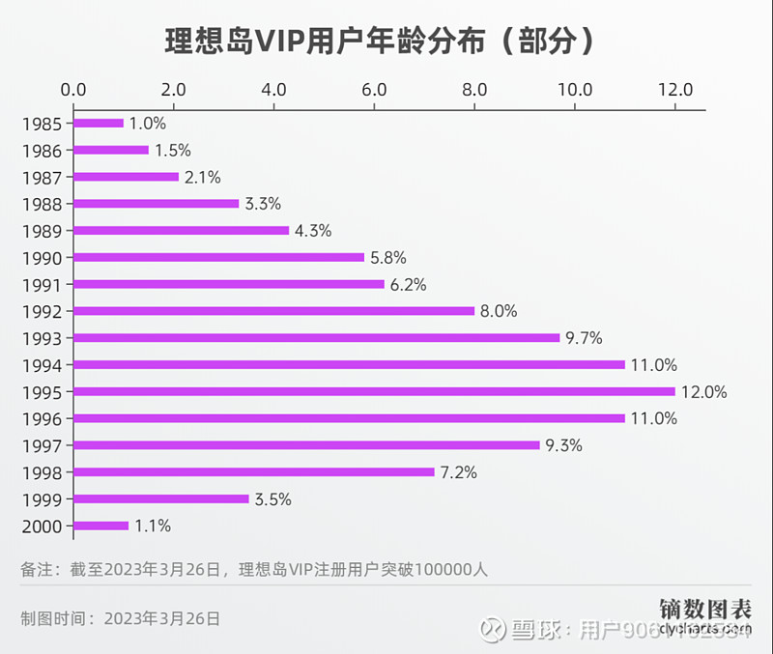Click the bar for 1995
click(x=374, y=392)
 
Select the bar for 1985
click(x=99, y=124)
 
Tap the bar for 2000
click(x=101, y=526)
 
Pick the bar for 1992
click(x=273, y=311)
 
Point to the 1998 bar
click(x=254, y=472)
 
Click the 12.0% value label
click(x=704, y=392)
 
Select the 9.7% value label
click(x=585, y=338)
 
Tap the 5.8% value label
click(x=388, y=258)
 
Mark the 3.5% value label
click(x=273, y=499)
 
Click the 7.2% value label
click(x=459, y=472)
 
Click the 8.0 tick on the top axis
click(x=474, y=90)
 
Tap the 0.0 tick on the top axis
click(x=73, y=90)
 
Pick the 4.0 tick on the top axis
click(x=274, y=90)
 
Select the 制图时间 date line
click(x=121, y=618)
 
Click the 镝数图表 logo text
click(x=706, y=609)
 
